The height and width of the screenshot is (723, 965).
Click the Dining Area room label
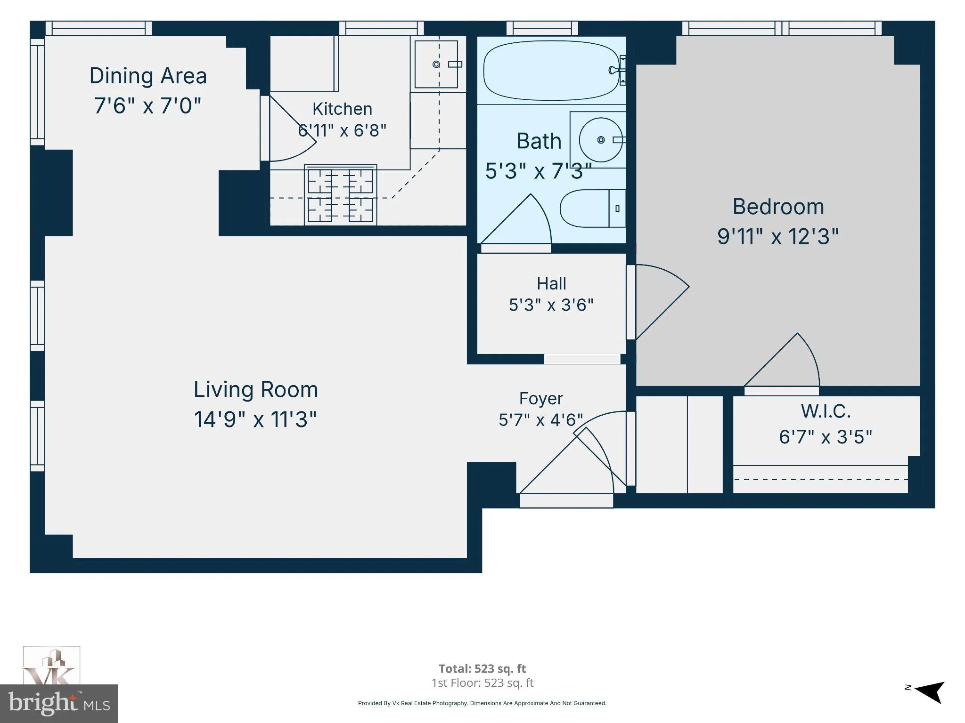(148, 76)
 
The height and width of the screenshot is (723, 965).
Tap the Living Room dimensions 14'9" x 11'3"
(255, 419)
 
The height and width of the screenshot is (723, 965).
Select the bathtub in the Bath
(551, 71)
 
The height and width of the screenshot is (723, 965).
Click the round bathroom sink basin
(601, 140)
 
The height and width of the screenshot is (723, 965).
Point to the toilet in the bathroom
(592, 209)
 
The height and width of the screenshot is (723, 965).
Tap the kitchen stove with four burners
(340, 194)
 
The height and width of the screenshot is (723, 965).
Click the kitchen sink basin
(436, 64)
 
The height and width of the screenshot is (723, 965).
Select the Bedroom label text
(778, 207)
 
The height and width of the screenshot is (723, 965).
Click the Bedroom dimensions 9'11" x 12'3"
(778, 236)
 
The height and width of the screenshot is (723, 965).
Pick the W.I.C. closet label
(826, 411)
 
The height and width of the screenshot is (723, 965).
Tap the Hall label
(551, 284)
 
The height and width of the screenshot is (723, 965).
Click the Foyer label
(541, 399)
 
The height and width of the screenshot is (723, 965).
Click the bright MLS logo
(59, 703)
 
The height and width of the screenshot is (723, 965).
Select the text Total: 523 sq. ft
(482, 668)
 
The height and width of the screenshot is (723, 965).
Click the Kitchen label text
(342, 109)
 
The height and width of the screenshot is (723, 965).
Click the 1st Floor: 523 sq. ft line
(482, 683)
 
